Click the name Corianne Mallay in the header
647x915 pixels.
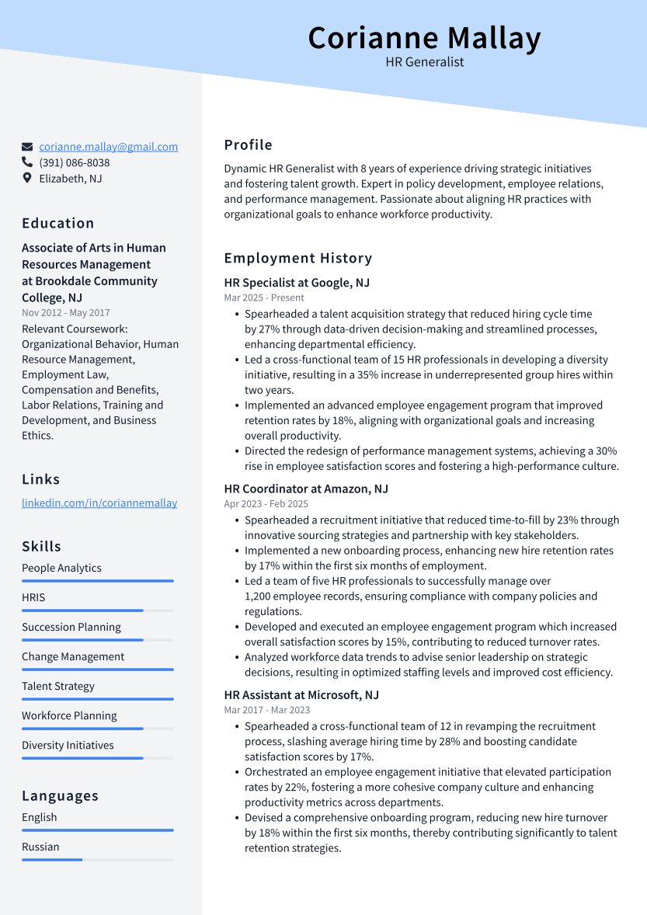pos(424,38)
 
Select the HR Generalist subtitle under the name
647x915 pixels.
pos(424,62)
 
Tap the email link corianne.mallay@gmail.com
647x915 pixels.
pos(108,147)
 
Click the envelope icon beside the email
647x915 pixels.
pos(27,147)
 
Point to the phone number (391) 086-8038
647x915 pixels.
pos(75,163)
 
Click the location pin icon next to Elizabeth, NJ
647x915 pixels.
pos(27,179)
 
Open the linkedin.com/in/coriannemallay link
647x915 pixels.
pos(99,503)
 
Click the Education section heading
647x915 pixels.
pos(58,224)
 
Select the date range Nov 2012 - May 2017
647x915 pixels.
pos(66,313)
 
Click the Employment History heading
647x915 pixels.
pos(298,259)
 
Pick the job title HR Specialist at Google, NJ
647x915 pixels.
pos(297,283)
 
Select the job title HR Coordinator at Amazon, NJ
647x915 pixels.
pos(306,489)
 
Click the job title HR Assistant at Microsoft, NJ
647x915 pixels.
pos(301,695)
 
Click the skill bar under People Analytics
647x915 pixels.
pos(98,581)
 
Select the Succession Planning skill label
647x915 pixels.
pos(71,628)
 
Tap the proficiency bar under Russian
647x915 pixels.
pos(98,860)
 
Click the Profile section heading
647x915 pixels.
pos(249,145)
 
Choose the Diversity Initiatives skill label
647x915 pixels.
pos(68,746)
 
